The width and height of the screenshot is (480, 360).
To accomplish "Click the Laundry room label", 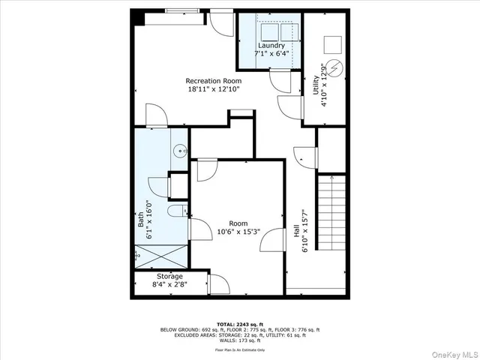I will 271,45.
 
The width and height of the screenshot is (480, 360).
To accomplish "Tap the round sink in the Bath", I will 179,151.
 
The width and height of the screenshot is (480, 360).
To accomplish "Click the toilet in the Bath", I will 177,211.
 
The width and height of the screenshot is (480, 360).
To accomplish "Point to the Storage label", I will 169,276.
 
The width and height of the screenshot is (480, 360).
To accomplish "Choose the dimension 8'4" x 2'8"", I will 169,285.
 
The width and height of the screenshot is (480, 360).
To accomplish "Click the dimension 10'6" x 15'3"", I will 238,232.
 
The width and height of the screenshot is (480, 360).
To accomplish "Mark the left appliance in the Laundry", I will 265,33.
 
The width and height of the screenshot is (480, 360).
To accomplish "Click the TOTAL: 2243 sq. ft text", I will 239,322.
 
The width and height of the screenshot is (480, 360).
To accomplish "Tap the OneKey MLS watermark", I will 454,352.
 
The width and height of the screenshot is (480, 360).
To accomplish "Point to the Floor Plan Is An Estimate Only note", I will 239,349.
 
